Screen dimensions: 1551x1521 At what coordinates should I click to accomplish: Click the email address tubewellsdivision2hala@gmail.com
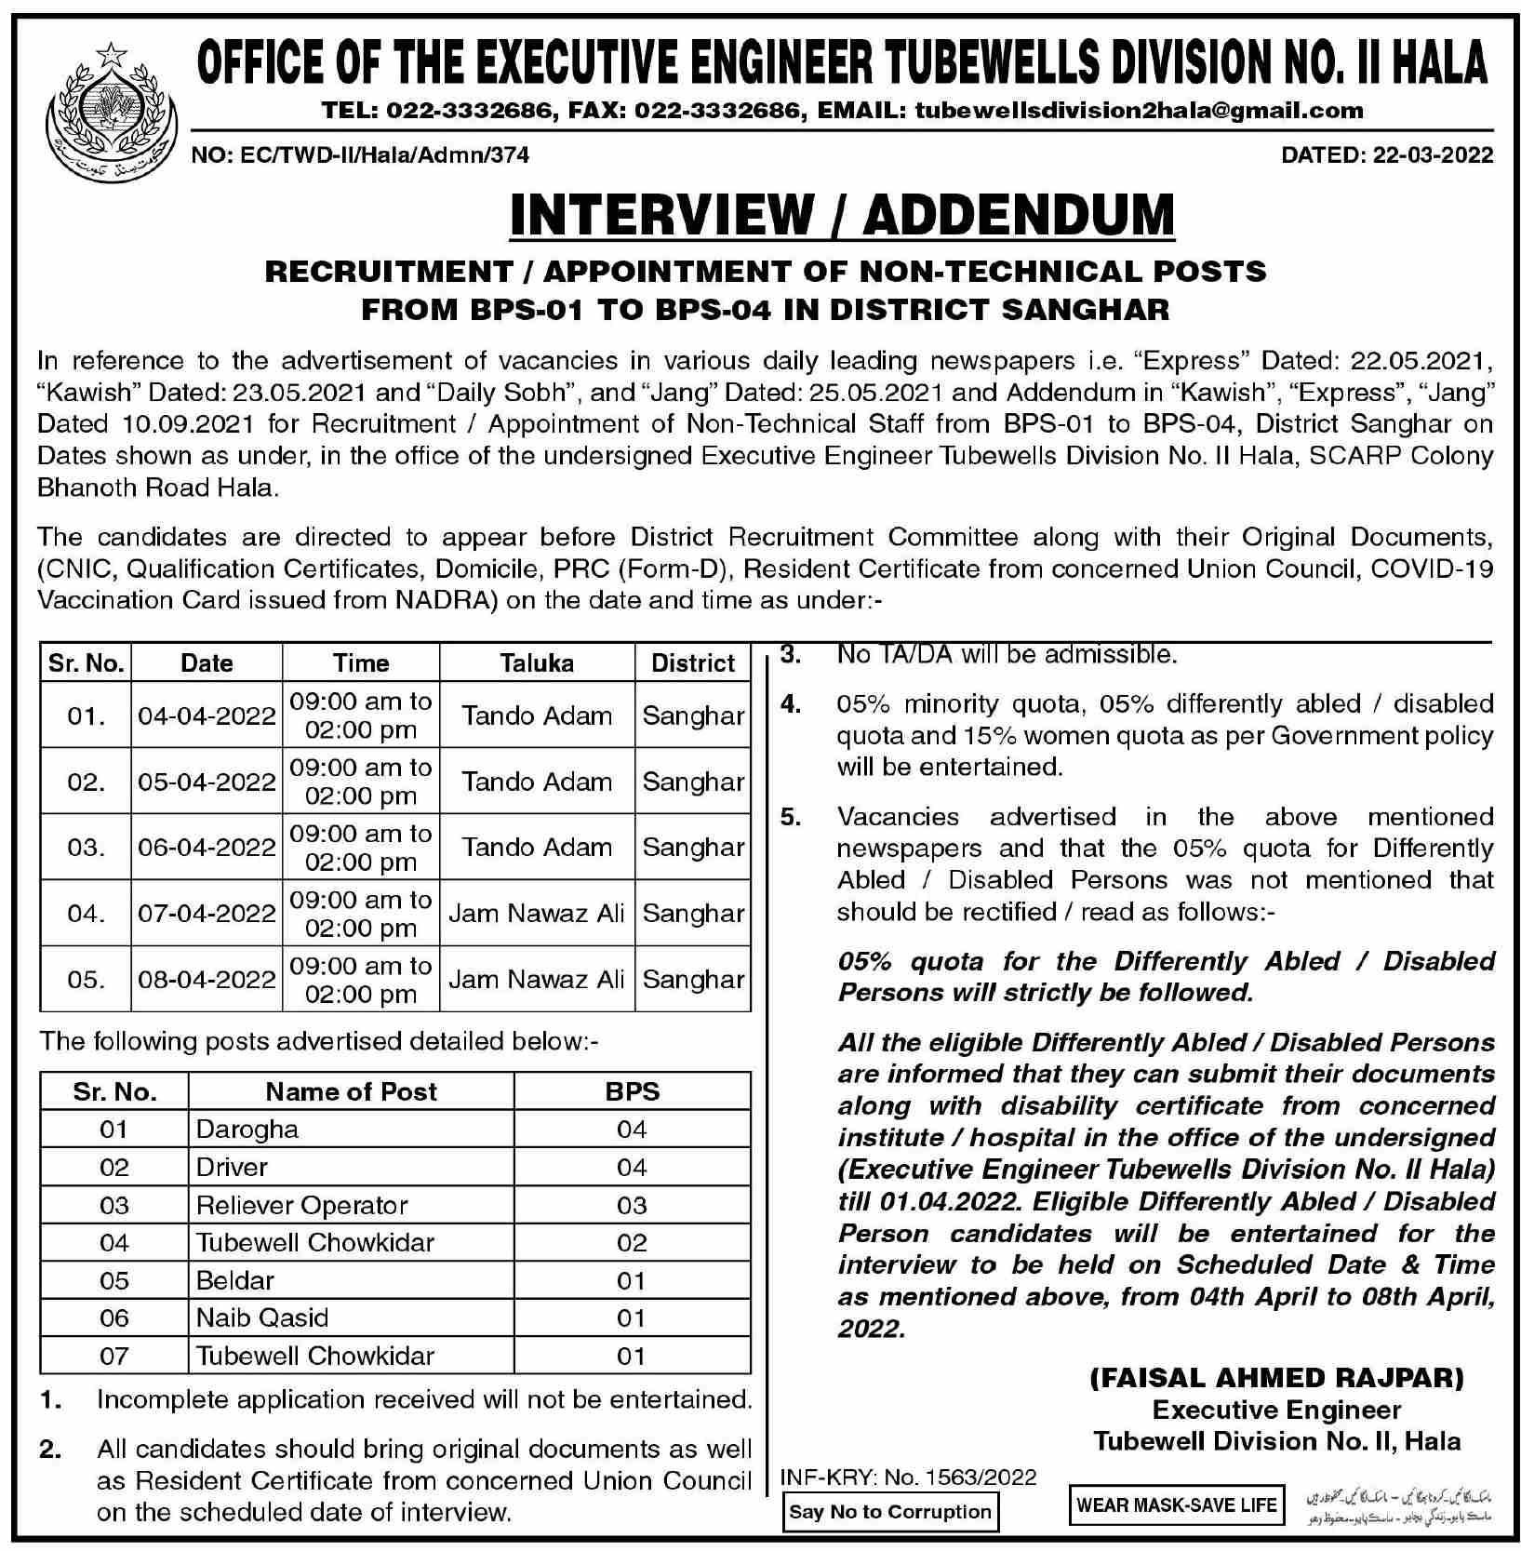(x=1139, y=111)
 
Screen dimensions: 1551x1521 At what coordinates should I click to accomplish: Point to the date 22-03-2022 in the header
(x=1433, y=155)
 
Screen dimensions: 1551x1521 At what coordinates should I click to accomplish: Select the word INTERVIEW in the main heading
(x=660, y=215)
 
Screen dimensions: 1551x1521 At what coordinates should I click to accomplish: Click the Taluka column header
(x=537, y=662)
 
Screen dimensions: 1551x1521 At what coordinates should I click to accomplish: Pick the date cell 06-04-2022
(x=207, y=847)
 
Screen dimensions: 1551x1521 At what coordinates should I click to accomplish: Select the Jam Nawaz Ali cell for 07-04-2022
(x=537, y=913)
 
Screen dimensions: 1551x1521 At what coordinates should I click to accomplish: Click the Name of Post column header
(x=351, y=1091)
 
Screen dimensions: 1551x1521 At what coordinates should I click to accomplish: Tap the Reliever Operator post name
(x=301, y=1205)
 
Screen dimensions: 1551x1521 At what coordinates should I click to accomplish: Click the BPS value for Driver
(x=632, y=1167)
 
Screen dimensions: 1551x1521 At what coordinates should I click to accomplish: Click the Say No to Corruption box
(x=889, y=1512)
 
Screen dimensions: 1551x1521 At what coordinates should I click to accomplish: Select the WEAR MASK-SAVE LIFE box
(x=1176, y=1504)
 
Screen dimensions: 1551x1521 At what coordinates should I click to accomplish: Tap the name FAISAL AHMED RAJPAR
(x=1276, y=1378)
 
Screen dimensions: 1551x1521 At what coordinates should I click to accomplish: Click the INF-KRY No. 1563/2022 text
(x=907, y=1477)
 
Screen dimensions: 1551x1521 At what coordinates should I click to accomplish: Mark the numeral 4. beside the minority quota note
(x=791, y=704)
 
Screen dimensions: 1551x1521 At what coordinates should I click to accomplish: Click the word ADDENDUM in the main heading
(x=1019, y=215)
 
